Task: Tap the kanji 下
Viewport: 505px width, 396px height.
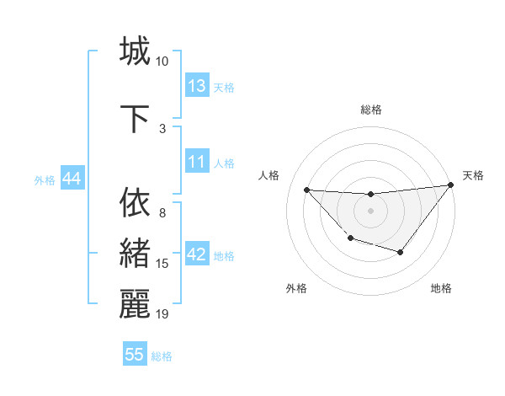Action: (135, 119)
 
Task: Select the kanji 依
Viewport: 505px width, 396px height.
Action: (135, 202)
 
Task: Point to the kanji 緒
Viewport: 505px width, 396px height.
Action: (135, 253)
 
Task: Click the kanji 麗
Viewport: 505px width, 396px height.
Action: (135, 304)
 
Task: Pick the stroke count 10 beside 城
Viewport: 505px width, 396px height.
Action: (162, 62)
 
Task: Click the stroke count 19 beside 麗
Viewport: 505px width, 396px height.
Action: (162, 314)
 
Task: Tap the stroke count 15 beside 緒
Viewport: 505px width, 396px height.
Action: (162, 264)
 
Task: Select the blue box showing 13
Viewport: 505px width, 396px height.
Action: (197, 86)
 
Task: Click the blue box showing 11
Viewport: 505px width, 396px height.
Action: (197, 162)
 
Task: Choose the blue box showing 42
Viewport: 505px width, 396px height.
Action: (197, 254)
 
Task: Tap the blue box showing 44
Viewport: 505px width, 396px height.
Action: (72, 179)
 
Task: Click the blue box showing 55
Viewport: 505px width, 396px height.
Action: (135, 355)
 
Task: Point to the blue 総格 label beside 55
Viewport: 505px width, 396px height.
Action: (162, 356)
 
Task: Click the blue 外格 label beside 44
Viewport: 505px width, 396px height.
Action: (45, 180)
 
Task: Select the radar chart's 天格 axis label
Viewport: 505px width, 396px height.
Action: (473, 175)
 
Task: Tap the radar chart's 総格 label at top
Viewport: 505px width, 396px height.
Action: (370, 110)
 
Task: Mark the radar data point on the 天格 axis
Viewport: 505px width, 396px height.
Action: (451, 185)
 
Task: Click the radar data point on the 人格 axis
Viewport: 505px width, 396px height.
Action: (306, 190)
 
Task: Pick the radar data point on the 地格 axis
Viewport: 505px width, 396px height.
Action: (401, 252)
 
